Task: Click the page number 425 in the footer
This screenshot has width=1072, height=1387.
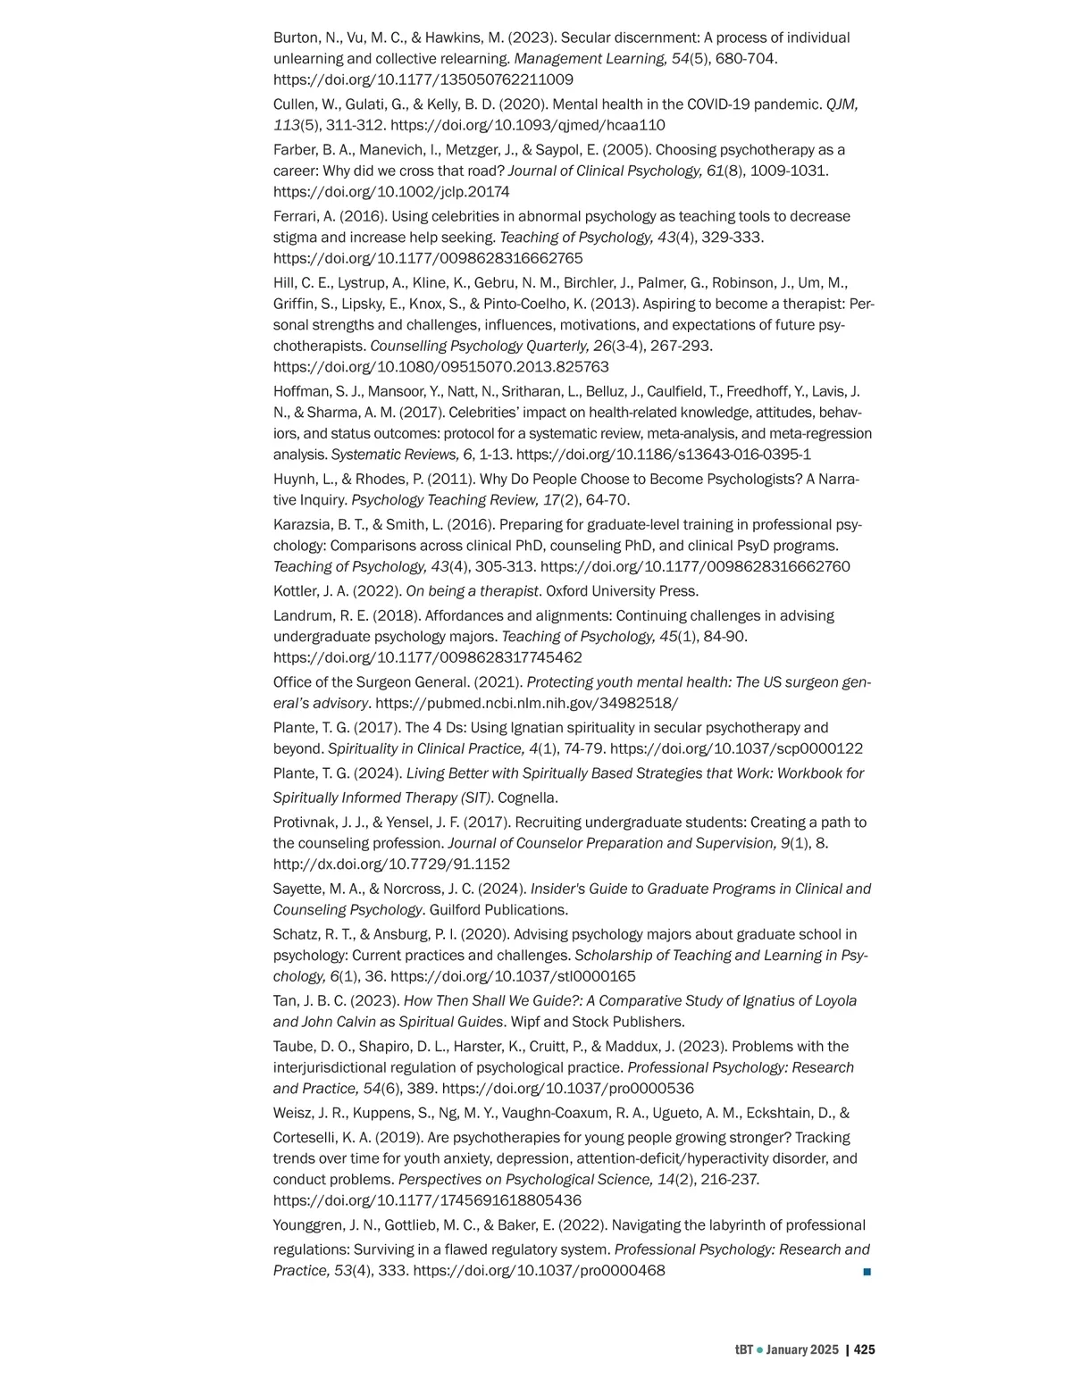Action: (864, 1349)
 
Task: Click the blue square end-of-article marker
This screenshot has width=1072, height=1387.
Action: (867, 1271)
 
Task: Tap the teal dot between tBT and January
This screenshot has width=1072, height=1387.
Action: (759, 1350)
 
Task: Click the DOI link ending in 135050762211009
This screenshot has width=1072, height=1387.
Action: (423, 79)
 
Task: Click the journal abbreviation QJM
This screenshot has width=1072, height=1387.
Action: (842, 104)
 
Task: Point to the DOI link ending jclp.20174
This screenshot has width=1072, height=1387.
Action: (391, 192)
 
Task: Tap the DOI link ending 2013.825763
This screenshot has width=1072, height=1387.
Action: (441, 367)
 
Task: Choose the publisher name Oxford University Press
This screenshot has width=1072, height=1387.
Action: (622, 591)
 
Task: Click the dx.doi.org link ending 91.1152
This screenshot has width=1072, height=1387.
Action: (391, 865)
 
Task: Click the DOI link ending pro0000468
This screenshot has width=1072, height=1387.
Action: (539, 1271)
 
